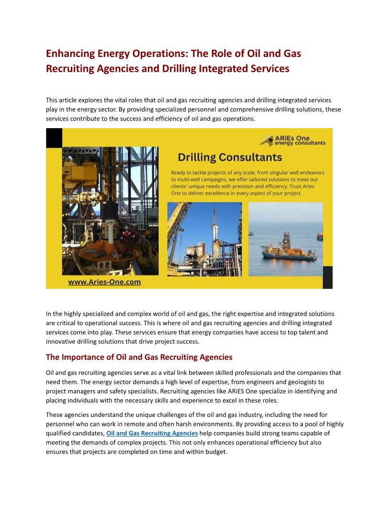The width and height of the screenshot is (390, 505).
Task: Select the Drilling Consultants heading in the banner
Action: tap(229, 157)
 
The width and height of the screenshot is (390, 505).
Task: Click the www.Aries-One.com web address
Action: tap(104, 282)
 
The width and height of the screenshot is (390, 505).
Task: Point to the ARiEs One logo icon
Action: tap(266, 141)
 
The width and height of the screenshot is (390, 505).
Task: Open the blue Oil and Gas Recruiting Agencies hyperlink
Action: tap(152, 433)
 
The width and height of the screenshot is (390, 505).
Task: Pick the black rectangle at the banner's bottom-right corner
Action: tap(327, 277)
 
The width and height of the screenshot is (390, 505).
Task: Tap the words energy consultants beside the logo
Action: tap(300, 143)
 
